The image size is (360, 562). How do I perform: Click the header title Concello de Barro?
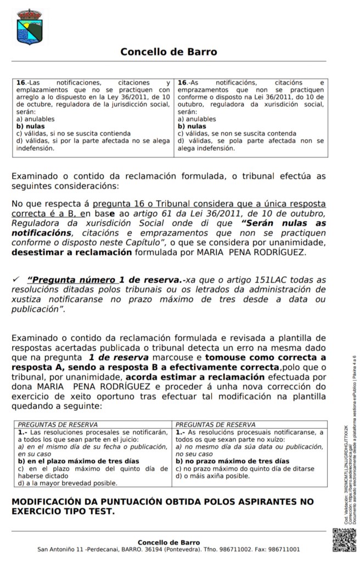click(x=168, y=52)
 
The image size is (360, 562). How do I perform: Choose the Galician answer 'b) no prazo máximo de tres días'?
click(x=232, y=461)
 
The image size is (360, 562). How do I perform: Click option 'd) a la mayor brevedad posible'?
click(x=67, y=483)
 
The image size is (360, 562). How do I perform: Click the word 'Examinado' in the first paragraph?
click(x=36, y=176)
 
